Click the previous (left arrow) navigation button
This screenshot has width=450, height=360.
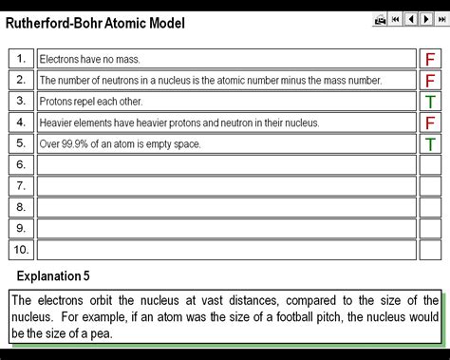pos(411,19)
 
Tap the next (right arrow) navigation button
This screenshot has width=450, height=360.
pos(425,19)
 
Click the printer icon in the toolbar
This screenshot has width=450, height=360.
pos(380,19)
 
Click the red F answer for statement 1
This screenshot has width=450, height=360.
pos(430,59)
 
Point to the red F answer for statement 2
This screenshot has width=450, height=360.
pos(430,81)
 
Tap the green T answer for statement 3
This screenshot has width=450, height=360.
pos(430,102)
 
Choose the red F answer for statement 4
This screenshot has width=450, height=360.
pos(430,123)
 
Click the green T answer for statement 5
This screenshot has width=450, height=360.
pos(430,144)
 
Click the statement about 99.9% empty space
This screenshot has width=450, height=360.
pos(120,144)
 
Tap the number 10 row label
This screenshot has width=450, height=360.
pos(21,250)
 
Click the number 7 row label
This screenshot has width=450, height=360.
pos(21,186)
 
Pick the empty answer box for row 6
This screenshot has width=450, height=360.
pos(430,165)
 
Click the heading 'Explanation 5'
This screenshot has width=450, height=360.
pos(53,276)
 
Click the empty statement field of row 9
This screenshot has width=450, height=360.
pos(226,229)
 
